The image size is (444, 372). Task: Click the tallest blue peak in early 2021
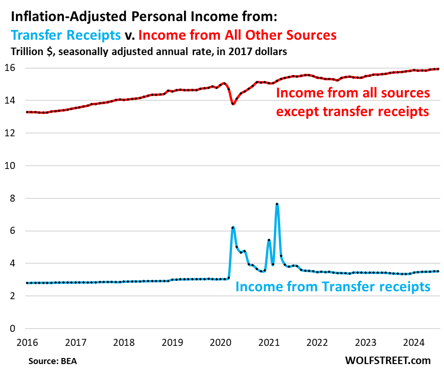[277, 204]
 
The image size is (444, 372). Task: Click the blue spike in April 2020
[233, 227]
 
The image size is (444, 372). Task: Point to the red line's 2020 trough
[233, 104]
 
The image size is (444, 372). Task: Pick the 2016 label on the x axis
[27, 342]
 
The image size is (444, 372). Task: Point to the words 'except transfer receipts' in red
[352, 112]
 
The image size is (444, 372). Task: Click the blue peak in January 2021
[269, 240]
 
